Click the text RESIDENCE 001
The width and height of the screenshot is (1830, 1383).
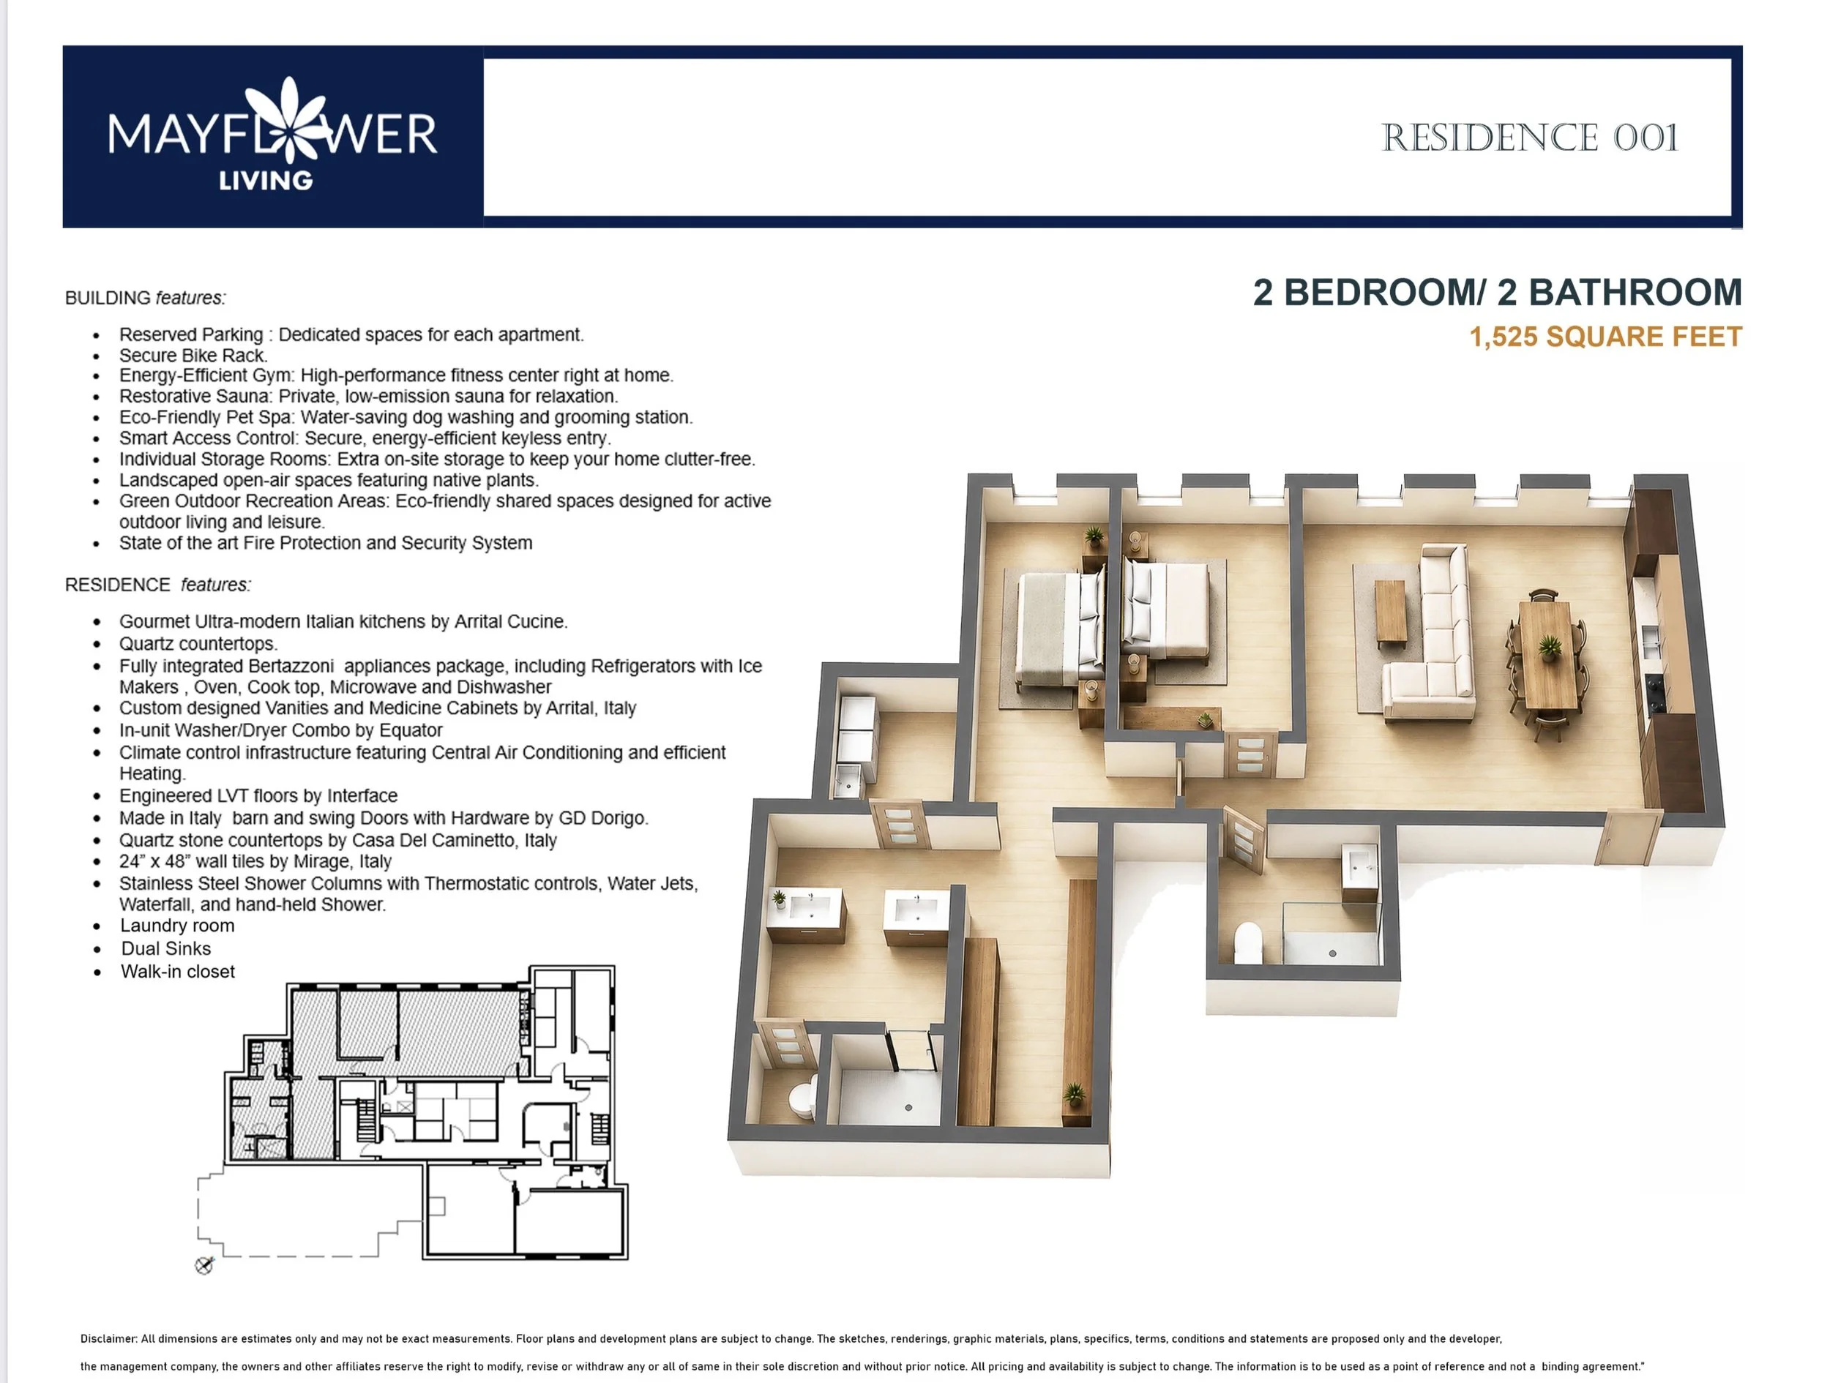1530,138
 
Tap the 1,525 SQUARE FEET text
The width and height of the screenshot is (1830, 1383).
1606,337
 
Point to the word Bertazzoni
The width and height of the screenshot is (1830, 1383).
281,666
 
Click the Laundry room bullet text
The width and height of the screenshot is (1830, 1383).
177,926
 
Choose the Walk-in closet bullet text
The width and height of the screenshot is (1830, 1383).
178,972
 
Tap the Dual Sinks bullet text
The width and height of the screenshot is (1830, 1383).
166,949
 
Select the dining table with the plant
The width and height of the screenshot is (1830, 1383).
1547,654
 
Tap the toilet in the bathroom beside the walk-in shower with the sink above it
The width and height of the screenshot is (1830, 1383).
1247,943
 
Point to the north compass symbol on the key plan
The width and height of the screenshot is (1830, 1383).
204,1265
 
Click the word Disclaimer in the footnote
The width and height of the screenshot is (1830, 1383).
108,1338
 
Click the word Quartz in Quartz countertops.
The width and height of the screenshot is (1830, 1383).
146,643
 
